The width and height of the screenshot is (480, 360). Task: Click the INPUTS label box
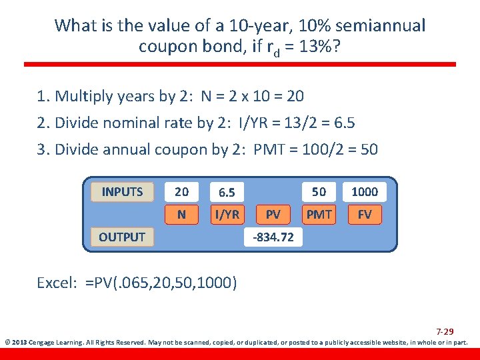[x=122, y=192]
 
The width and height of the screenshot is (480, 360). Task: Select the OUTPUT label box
[x=122, y=237]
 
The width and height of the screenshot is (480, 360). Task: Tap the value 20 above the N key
[x=181, y=192]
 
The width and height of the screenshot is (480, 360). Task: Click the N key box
[x=181, y=215]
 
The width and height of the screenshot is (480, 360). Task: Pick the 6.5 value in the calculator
[x=227, y=193]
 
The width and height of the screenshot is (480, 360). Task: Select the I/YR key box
[x=227, y=215]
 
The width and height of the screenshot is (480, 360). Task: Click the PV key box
[x=273, y=215]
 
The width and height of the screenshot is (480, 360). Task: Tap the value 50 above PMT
[x=319, y=192]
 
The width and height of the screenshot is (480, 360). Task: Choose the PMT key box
[x=319, y=215]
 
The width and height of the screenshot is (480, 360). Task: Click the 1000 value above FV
[x=365, y=192]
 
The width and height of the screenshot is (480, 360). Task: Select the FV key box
[x=365, y=215]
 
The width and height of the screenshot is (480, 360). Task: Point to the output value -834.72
[x=273, y=237]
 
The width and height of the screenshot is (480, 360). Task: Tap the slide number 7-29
[x=445, y=331]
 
